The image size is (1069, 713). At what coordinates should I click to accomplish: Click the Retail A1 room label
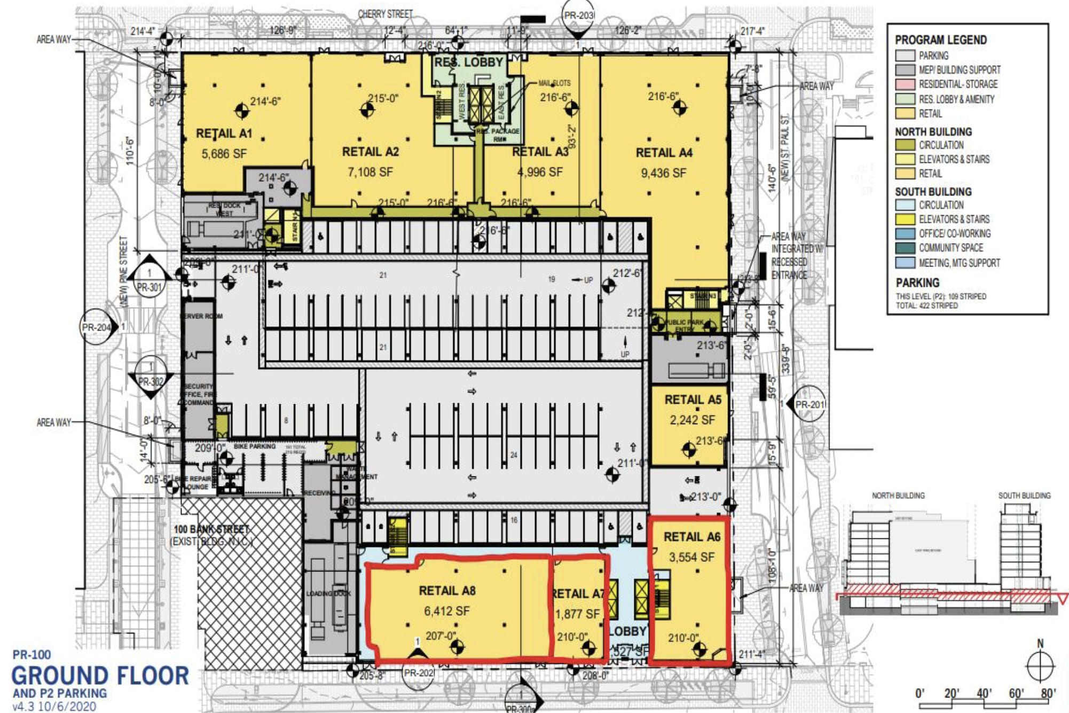(224, 134)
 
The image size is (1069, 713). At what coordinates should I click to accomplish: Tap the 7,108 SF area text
(370, 172)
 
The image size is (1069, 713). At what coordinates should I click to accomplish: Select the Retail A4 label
(664, 153)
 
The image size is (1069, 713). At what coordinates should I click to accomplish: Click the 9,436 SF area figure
(663, 173)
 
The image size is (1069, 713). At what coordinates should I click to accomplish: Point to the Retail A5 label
(693, 399)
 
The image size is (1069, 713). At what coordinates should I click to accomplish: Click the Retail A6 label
(692, 537)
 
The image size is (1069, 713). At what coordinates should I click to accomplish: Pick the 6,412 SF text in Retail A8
(447, 611)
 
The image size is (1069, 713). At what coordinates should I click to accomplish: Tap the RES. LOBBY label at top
(469, 62)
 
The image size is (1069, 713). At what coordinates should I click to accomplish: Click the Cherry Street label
(386, 14)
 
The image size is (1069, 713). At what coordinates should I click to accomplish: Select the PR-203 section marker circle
(578, 15)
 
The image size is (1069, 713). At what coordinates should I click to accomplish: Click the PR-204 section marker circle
(97, 327)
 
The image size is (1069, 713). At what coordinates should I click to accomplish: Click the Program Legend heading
(941, 40)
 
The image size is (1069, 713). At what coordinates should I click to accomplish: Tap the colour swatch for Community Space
(905, 248)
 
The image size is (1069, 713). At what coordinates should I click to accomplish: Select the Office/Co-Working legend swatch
(905, 233)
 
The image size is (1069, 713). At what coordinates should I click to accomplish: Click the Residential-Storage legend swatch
(905, 84)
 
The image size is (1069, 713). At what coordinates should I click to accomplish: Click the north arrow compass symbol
(1040, 666)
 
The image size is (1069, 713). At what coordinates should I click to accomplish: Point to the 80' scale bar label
(1048, 693)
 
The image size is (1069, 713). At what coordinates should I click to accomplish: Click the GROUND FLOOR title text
(100, 676)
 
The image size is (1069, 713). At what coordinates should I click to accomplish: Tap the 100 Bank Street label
(211, 529)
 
